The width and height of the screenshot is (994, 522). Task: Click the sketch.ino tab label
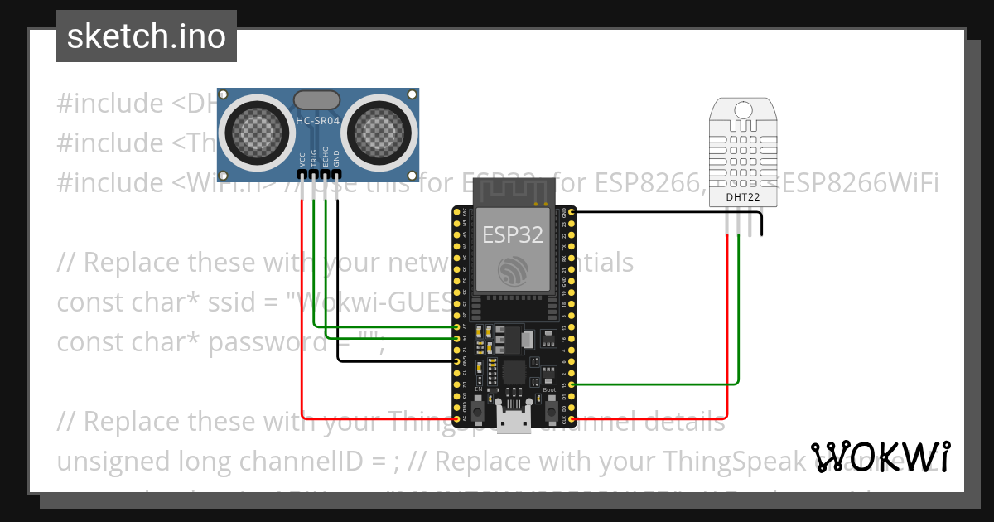click(x=146, y=36)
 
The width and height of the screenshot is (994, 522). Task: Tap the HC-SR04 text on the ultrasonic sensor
click(x=318, y=122)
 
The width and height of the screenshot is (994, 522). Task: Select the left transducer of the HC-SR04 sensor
click(x=254, y=128)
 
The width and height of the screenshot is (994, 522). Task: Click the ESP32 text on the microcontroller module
click(x=514, y=234)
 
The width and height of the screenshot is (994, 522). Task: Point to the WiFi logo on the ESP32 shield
click(x=514, y=269)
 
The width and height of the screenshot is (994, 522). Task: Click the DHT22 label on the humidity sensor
click(x=742, y=197)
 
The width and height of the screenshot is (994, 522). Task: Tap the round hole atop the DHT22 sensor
click(x=742, y=109)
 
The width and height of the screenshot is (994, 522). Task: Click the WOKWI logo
click(x=881, y=457)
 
